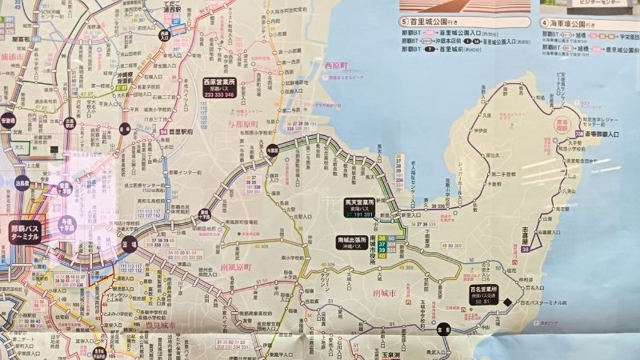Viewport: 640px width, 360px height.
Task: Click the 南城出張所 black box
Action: (352, 243)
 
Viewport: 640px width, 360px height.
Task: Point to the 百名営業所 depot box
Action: (484, 293)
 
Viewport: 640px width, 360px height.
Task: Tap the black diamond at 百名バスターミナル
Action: (507, 301)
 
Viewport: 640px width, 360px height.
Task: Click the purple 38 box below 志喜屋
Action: (525, 250)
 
